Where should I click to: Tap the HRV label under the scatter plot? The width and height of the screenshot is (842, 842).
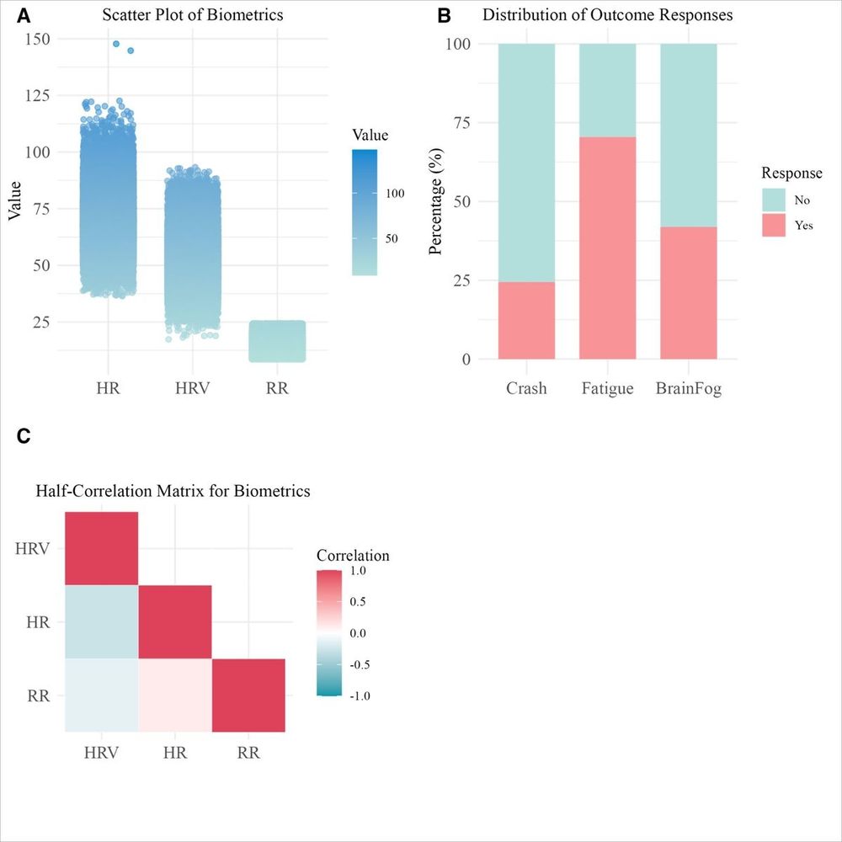click(193, 390)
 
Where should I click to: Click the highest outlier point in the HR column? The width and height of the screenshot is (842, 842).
click(116, 44)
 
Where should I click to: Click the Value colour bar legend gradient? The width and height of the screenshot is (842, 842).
click(365, 213)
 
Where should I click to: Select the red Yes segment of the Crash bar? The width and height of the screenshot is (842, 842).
click(526, 320)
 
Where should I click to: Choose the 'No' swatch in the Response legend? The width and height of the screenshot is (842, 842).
click(773, 200)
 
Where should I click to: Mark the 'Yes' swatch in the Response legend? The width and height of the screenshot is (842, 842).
click(773, 225)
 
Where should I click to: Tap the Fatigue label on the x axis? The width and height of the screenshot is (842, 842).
click(607, 390)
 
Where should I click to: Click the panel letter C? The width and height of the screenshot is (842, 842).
click(24, 435)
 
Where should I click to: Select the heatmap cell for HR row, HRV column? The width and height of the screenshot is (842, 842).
click(102, 622)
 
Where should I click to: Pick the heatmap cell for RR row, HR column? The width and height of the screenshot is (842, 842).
click(175, 695)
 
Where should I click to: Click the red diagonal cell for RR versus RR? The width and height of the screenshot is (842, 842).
click(248, 695)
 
